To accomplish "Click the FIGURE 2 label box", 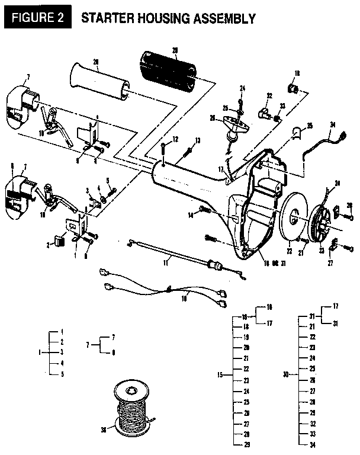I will point(37,17).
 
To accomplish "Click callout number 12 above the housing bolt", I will point(175,139).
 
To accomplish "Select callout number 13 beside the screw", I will point(198,140).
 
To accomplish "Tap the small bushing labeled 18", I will point(292,89).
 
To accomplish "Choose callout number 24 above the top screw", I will point(242,88).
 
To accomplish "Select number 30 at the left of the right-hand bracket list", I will point(285,374).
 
